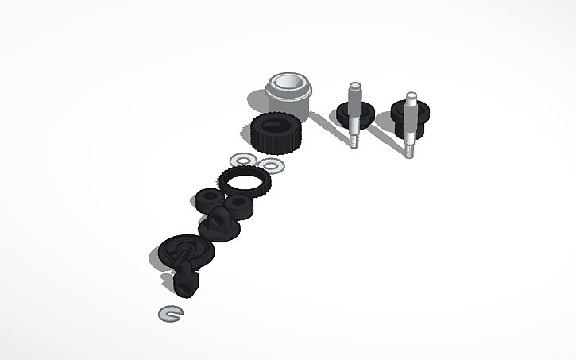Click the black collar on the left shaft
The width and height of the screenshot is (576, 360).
click(352, 114)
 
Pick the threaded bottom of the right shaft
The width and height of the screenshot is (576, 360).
click(409, 148)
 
